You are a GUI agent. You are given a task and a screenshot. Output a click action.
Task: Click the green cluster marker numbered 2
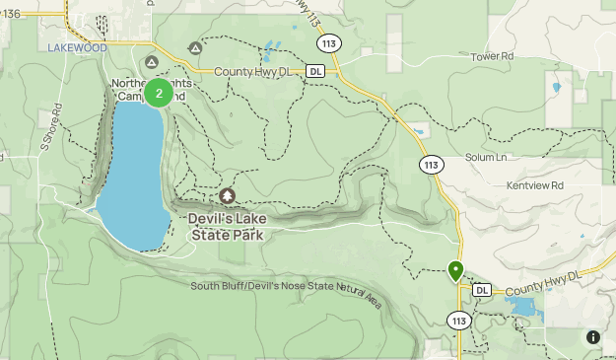159,94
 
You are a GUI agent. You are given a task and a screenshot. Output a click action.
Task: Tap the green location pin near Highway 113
455,270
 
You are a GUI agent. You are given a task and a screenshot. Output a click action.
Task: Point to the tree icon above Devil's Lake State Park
229,196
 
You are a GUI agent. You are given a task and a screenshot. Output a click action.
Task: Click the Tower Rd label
493,57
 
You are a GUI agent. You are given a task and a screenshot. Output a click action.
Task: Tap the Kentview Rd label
529,185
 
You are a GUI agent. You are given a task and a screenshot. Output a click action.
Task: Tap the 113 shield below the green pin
458,321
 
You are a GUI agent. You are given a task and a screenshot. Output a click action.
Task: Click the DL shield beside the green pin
482,290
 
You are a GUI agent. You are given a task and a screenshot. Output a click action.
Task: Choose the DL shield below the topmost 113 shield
314,71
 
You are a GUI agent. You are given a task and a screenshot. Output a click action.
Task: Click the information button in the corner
593,336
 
